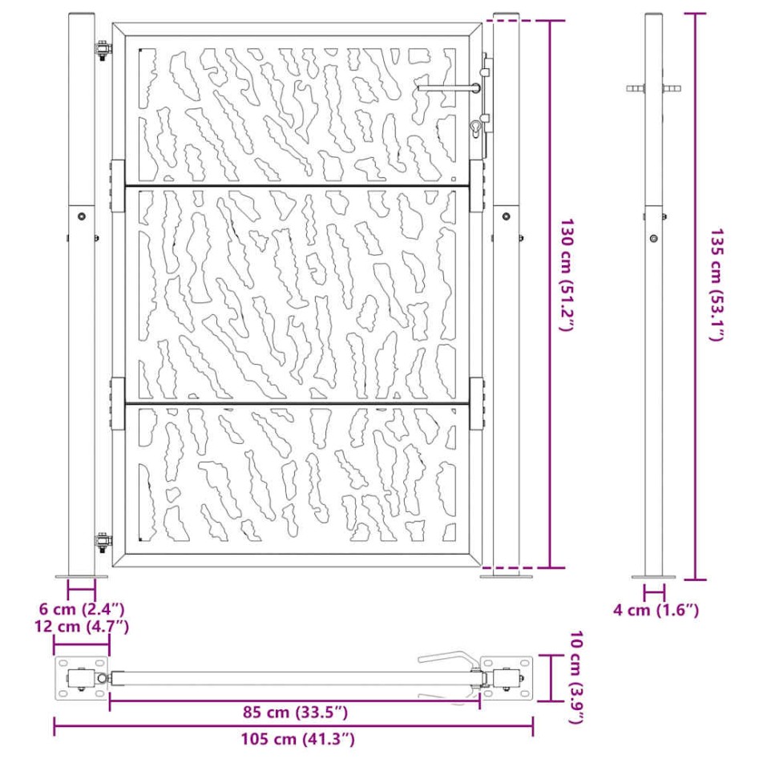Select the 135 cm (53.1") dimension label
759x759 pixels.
click(716, 285)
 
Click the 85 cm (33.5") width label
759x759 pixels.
click(295, 711)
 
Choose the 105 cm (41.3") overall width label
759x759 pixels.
click(295, 739)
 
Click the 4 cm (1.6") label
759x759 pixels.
click(656, 610)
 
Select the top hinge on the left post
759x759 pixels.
click(103, 50)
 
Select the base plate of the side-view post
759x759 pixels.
click(653, 576)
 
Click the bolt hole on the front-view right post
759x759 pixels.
click(506, 216)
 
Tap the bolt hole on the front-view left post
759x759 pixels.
click(81, 216)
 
